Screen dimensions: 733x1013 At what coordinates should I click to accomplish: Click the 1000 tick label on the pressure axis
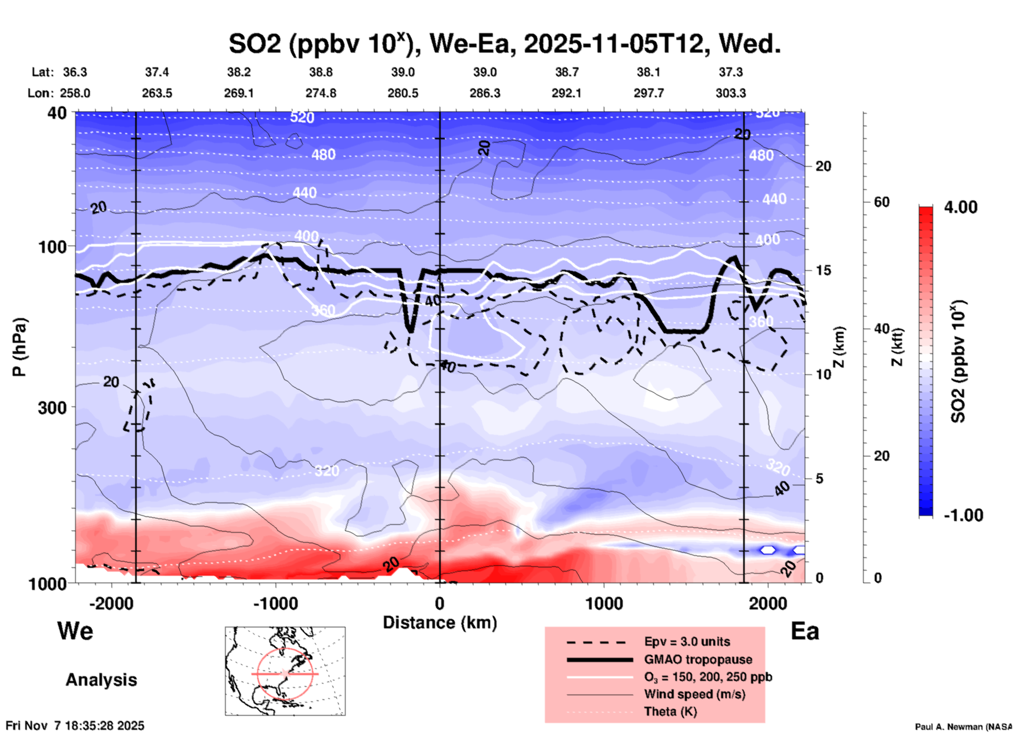(x=47, y=584)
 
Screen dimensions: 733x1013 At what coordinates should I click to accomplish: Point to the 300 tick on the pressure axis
(x=53, y=408)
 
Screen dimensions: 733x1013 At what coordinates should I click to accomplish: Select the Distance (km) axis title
(x=440, y=623)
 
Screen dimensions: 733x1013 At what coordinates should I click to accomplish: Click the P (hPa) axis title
(x=19, y=347)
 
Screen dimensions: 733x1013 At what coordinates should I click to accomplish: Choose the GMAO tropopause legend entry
(x=698, y=659)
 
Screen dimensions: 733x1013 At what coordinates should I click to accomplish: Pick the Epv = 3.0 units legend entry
(x=687, y=642)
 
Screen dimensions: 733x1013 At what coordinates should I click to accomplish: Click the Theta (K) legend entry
(x=670, y=711)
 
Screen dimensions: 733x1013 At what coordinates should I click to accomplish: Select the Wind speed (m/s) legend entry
(x=694, y=694)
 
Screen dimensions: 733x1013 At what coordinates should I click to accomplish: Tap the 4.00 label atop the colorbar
(x=960, y=207)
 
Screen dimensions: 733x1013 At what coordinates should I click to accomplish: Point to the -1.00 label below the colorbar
(x=963, y=515)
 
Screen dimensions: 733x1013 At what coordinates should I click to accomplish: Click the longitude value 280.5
(x=403, y=93)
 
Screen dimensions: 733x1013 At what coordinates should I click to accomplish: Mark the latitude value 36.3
(x=75, y=72)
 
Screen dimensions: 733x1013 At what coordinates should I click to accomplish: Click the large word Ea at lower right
(x=805, y=632)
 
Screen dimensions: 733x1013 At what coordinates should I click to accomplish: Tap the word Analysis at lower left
(x=101, y=680)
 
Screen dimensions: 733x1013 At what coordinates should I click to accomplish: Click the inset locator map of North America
(x=285, y=671)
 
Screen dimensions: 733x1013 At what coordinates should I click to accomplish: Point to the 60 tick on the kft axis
(x=882, y=202)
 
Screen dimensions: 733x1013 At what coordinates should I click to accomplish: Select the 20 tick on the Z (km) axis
(x=823, y=166)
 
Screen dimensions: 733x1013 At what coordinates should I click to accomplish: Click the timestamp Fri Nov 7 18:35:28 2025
(x=75, y=726)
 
